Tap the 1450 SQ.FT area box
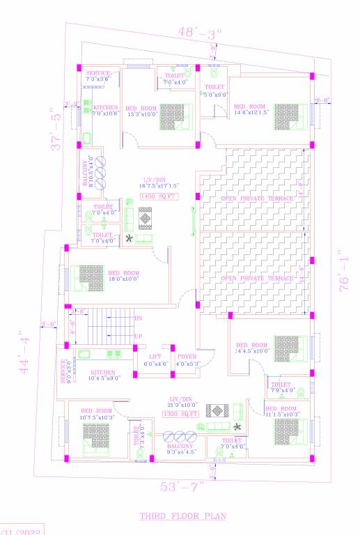coord(159,197)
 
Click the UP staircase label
coord(138,336)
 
